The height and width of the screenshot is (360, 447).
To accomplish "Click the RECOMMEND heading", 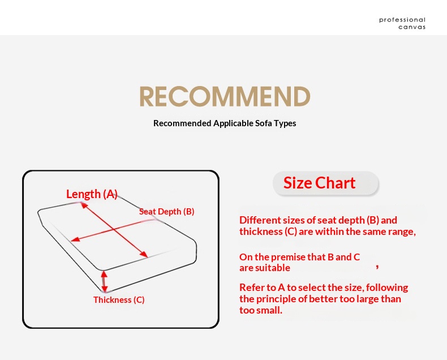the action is point(225,96).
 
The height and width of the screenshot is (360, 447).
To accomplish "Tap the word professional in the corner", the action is point(402,20).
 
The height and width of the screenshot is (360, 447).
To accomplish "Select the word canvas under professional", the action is point(412,27).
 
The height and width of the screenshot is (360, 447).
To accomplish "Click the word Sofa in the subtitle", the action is point(264,123).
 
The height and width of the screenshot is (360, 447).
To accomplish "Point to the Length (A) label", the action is point(92,194).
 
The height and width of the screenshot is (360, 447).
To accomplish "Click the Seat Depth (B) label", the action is point(166,212).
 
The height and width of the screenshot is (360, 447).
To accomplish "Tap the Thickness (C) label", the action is point(119,300).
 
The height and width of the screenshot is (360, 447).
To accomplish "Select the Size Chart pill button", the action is point(325,183).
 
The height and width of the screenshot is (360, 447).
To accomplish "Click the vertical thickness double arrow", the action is point(104,281).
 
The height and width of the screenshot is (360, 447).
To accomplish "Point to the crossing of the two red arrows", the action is point(114,229).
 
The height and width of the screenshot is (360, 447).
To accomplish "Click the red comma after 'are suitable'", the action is point(377,267).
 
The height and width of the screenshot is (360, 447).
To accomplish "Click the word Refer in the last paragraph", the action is point(248,288).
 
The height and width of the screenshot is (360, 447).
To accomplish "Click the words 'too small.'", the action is point(261,310).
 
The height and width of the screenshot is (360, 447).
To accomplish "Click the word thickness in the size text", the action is point(261,232).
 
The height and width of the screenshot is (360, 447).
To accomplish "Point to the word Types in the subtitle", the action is point(285,123).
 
